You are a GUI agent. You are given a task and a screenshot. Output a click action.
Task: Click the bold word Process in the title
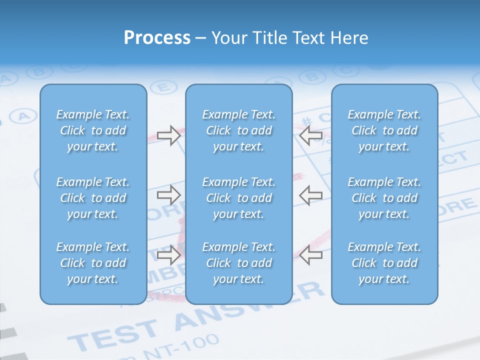(157, 38)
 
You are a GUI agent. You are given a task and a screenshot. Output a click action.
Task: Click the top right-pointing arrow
(168, 135)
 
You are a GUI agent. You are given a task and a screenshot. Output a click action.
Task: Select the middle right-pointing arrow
(168, 195)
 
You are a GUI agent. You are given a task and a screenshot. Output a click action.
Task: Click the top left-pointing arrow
(310, 135)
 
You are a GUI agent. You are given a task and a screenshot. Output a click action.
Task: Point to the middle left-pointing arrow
(310, 195)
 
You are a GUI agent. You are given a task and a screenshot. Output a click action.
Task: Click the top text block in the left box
(93, 130)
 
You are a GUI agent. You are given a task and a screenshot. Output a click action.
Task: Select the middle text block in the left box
(93, 198)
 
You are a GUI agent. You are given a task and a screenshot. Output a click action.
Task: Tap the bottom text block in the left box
(93, 263)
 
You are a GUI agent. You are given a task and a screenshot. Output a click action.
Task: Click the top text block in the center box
(239, 130)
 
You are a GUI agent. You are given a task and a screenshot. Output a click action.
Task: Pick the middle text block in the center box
(239, 198)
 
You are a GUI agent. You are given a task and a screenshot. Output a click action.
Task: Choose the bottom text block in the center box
(239, 263)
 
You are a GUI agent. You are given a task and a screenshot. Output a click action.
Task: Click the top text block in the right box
(384, 130)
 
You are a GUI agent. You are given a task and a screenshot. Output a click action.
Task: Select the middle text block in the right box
(384, 198)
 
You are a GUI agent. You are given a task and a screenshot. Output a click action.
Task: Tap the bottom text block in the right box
(384, 263)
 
